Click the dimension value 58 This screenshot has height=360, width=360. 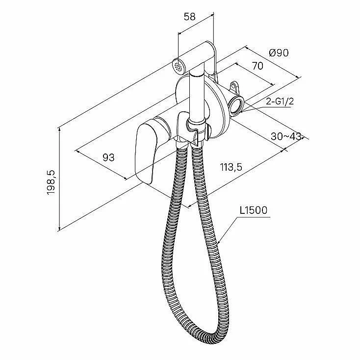click(x=190, y=17)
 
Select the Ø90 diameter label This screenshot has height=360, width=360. click(x=279, y=53)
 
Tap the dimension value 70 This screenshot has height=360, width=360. click(x=257, y=66)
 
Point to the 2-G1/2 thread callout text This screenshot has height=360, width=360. click(x=280, y=102)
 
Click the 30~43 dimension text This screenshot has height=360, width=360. click(x=286, y=136)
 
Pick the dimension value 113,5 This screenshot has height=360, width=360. click(x=231, y=167)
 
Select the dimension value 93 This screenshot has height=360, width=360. click(x=108, y=157)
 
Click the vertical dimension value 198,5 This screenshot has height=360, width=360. click(x=51, y=183)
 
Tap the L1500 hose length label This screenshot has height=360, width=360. click(x=254, y=210)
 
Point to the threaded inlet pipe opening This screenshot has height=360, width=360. click(x=235, y=104)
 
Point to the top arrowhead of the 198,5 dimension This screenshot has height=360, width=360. click(x=60, y=129)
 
